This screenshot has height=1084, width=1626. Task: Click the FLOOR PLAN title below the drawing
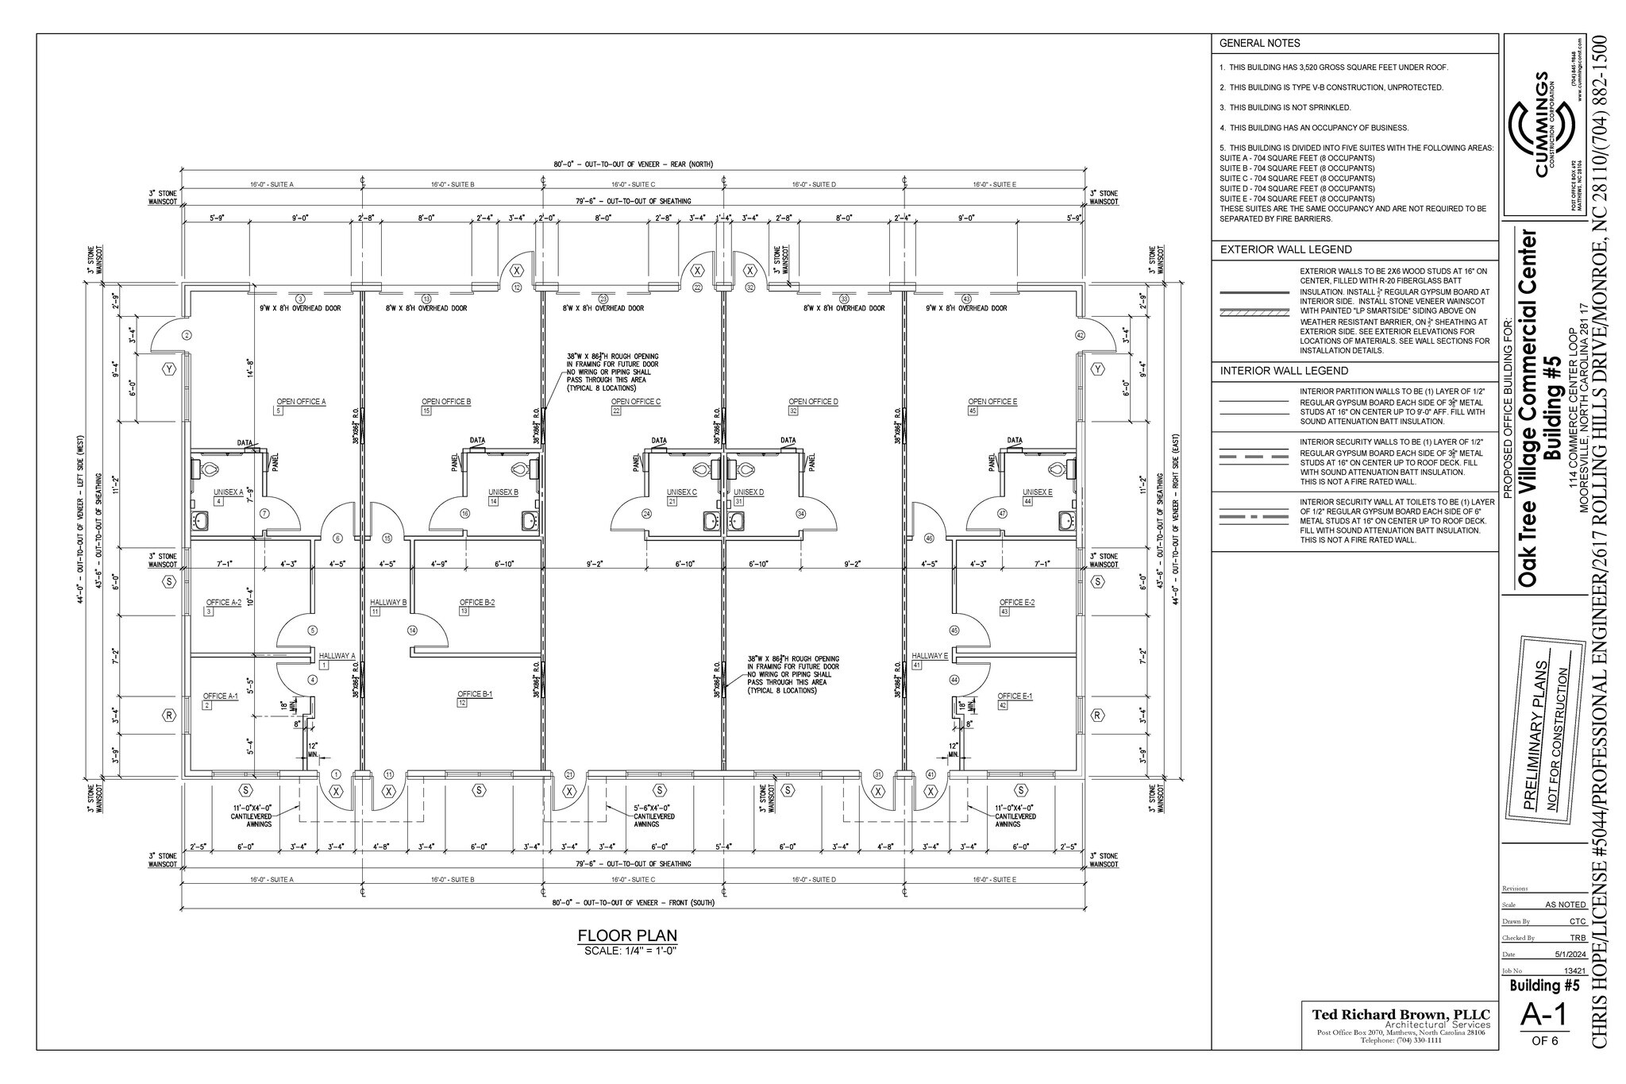(627, 935)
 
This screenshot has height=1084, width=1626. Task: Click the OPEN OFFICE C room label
(635, 402)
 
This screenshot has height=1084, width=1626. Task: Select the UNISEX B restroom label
(503, 492)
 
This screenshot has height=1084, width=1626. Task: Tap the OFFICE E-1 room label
(1015, 696)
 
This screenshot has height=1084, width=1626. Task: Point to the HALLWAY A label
(337, 656)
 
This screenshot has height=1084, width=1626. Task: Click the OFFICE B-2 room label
(476, 603)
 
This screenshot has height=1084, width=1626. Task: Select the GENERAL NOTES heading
(1259, 43)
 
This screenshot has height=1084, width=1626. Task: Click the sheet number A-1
(1543, 1037)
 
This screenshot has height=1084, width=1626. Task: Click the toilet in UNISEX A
(209, 469)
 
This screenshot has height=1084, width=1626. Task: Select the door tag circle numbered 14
(412, 631)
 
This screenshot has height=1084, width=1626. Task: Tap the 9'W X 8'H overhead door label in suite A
(300, 308)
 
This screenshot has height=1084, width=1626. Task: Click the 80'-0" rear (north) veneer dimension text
(633, 164)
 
